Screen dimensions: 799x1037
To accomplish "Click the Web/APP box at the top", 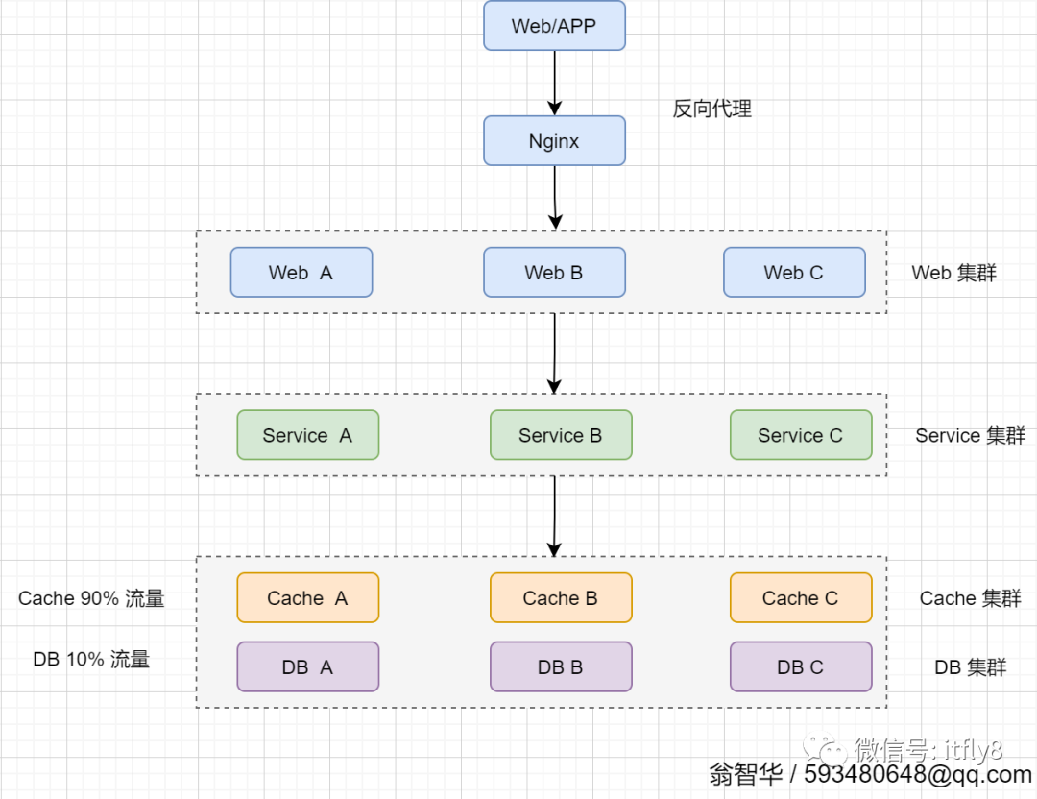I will [554, 26].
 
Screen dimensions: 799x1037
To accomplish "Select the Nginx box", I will [554, 141].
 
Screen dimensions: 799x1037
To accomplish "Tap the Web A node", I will [301, 273].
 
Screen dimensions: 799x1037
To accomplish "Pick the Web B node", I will [554, 273].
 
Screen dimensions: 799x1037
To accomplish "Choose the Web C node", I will [794, 273].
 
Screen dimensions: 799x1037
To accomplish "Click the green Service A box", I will [307, 435].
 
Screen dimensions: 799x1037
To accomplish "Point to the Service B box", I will [561, 435].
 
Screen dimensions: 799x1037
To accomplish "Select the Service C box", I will [801, 435].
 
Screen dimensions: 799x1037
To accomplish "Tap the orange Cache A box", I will [307, 598].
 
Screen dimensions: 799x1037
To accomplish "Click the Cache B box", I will [561, 598].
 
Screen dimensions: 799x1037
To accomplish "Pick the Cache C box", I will [801, 598].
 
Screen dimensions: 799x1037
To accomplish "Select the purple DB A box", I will [307, 667].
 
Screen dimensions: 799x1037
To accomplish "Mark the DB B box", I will [561, 667].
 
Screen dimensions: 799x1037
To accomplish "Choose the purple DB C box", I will [801, 667].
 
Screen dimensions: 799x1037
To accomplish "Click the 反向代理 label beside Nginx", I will [711, 109].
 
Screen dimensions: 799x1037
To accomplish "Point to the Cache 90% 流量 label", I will [91, 598].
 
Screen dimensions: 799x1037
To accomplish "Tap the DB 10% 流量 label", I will [91, 660].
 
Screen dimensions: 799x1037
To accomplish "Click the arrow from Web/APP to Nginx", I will [554, 82].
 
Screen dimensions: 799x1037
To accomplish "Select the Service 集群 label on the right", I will [970, 436].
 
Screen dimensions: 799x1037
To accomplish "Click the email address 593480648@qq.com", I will [918, 775].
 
